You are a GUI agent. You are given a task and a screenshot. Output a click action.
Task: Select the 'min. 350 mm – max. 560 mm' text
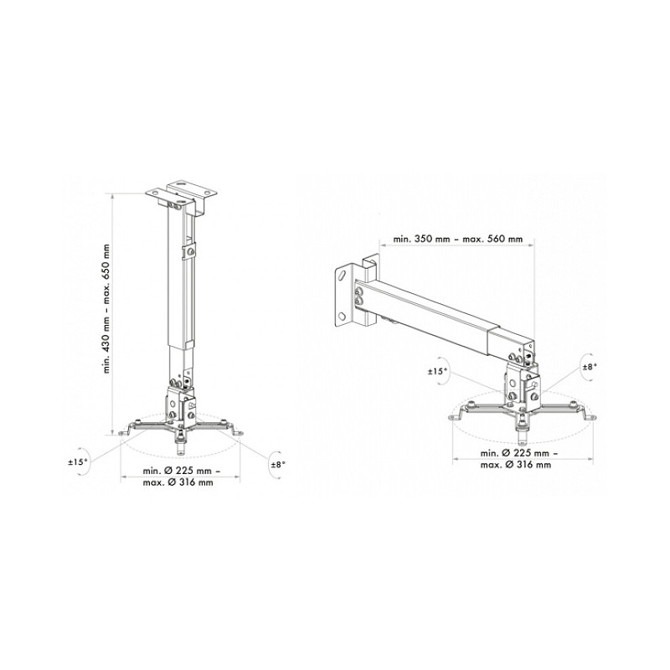457,239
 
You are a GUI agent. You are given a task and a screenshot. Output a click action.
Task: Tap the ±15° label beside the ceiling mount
78,462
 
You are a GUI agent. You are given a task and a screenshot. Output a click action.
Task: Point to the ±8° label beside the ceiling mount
277,465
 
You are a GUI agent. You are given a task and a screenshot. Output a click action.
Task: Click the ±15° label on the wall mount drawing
437,372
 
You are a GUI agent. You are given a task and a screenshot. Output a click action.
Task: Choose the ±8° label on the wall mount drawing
590,366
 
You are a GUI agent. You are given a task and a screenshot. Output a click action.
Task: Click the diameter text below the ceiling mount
178,477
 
